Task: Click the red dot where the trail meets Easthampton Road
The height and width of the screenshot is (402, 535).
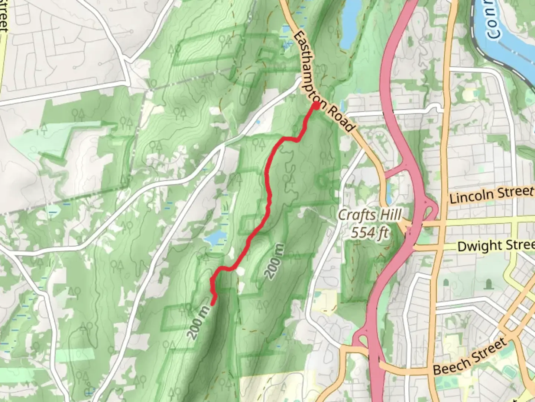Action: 316,106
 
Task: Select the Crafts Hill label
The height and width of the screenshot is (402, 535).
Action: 370,215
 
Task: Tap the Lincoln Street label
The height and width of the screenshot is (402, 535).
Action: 491,194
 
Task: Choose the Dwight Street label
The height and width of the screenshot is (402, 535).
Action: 496,246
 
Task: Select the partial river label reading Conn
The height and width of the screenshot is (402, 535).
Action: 493,20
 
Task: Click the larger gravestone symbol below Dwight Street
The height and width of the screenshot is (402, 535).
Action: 488,285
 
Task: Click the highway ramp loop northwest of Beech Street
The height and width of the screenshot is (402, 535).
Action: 361,339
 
